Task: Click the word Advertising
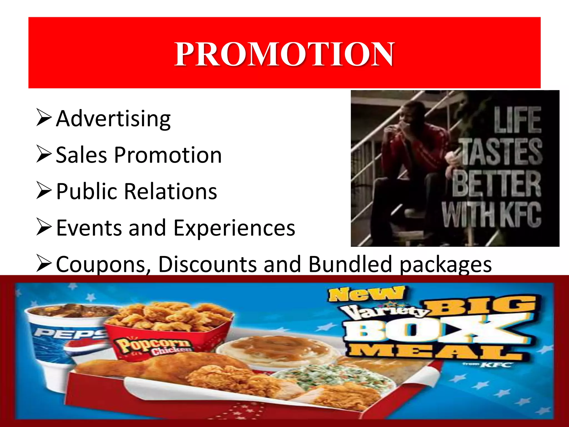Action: (113, 119)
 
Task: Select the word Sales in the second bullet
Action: (81, 155)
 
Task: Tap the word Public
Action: (87, 192)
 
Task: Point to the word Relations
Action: (170, 192)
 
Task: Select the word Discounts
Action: (208, 264)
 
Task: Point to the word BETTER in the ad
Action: (496, 183)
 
